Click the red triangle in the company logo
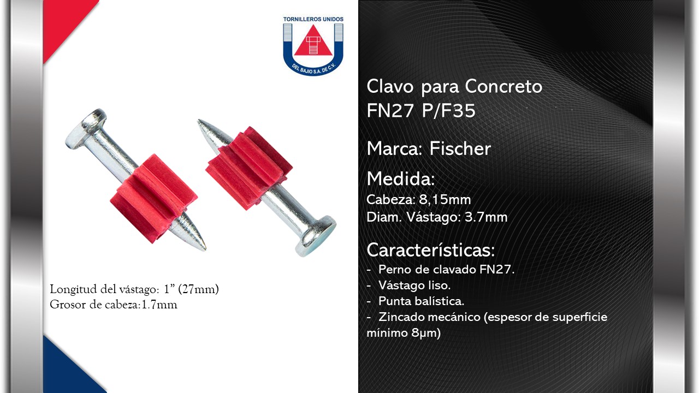click(313, 41)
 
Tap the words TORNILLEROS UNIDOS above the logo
click(313, 19)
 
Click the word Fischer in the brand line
click(460, 148)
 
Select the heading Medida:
click(401, 178)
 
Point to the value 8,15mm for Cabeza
click(445, 200)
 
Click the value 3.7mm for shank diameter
click(486, 217)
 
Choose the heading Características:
click(431, 250)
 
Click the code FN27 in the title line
click(390, 110)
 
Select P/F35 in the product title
click(448, 110)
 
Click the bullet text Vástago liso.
click(414, 285)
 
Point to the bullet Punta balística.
click(421, 301)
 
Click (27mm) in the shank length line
click(198, 289)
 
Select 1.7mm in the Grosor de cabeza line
click(159, 305)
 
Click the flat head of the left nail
click(85, 128)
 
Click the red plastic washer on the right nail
click(248, 168)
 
